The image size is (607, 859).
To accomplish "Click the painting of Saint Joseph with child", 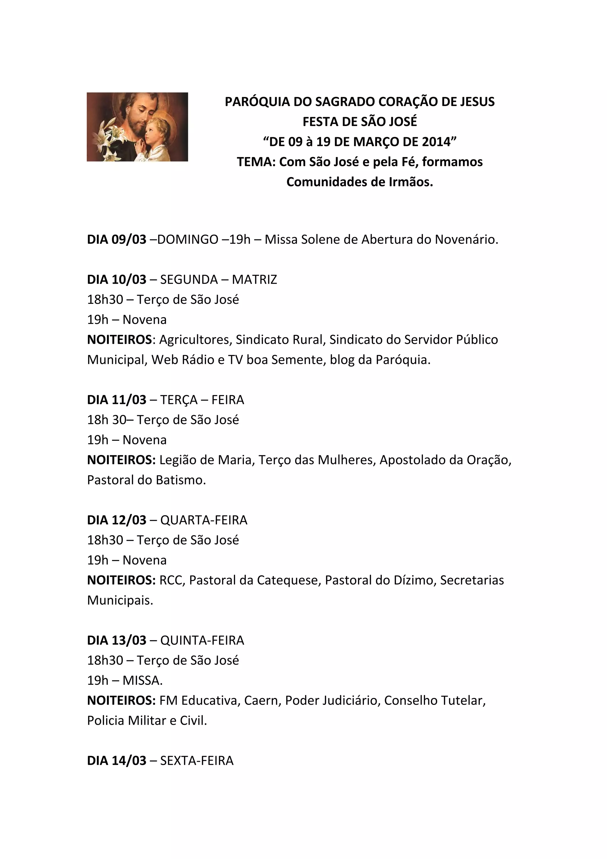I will tap(137, 127).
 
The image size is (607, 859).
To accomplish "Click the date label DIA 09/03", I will tap(117, 240).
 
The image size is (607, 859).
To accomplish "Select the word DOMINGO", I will tap(188, 240).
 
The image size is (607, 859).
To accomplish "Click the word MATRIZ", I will tap(254, 280).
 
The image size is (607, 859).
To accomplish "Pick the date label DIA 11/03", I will tap(117, 400).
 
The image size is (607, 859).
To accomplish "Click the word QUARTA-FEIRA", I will tap(204, 520).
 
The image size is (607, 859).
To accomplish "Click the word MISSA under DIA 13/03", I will tap(142, 680).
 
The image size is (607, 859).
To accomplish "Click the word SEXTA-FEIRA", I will tap(197, 761).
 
